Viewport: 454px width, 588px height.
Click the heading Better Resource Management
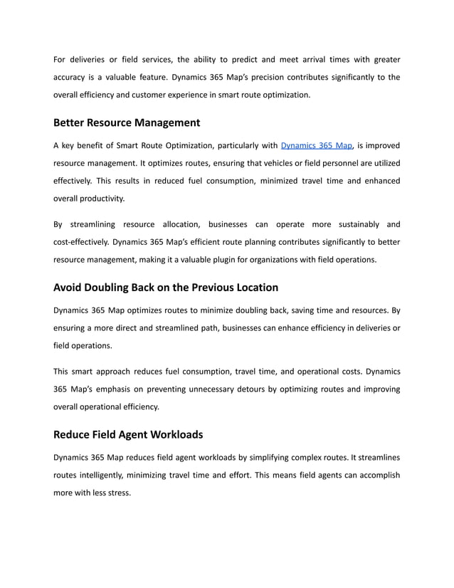127,122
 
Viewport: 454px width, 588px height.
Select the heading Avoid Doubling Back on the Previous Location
166,288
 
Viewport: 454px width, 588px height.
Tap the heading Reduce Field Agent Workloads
128,434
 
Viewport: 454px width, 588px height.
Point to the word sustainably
353,224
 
